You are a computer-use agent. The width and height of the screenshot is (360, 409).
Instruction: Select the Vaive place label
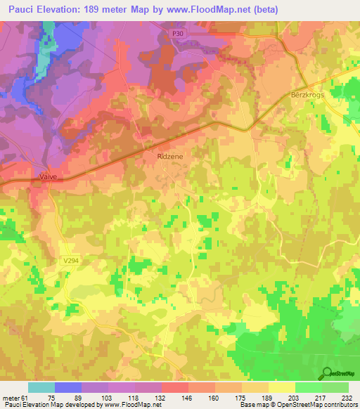tap(48, 178)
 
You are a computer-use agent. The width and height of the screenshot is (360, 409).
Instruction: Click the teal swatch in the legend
tap(41, 387)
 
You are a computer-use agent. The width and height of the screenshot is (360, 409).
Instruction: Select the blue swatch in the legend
tap(68, 387)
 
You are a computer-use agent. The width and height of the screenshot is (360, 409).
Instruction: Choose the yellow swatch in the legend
tap(281, 387)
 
